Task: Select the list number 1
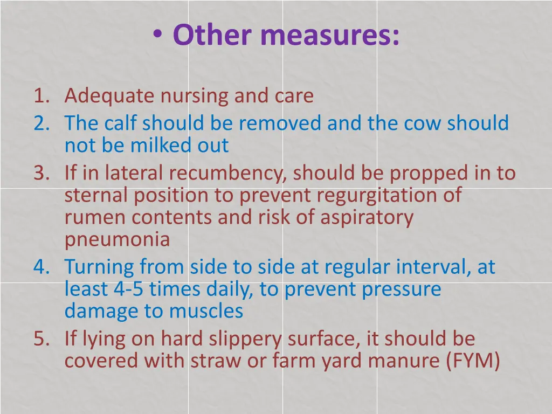point(40,96)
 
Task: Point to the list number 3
point(40,173)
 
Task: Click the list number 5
point(40,339)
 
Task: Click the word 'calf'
point(120,123)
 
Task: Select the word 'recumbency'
point(229,174)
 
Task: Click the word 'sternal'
point(96,195)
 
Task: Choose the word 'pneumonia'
point(118,239)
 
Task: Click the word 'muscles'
point(206,311)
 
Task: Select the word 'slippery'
point(247,340)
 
